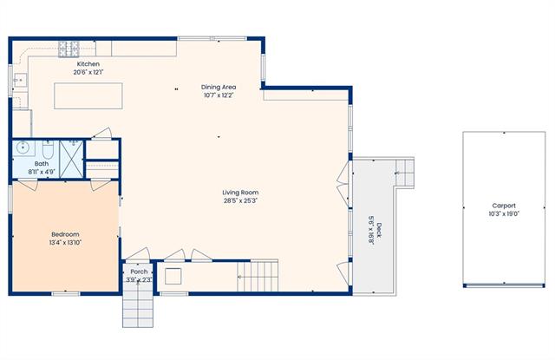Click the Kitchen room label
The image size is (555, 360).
(88, 64)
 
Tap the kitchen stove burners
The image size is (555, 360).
(69, 49)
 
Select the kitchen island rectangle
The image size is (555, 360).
(88, 95)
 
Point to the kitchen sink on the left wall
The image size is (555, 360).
(20, 81)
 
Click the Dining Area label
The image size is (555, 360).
(219, 87)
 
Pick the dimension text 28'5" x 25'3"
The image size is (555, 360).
(240, 200)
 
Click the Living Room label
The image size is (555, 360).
(240, 193)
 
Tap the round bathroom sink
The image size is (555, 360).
(23, 147)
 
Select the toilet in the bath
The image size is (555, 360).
(49, 149)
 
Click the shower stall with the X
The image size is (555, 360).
(71, 159)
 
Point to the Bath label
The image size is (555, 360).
(42, 164)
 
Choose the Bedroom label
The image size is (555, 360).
(65, 234)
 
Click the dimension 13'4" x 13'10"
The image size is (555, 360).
(65, 243)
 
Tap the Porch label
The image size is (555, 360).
(139, 272)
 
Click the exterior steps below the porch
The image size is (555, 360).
(138, 306)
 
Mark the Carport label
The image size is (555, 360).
(504, 206)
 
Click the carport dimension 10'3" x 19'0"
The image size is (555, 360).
(504, 213)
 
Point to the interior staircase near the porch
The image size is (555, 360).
(258, 276)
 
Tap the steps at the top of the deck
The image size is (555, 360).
(405, 173)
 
